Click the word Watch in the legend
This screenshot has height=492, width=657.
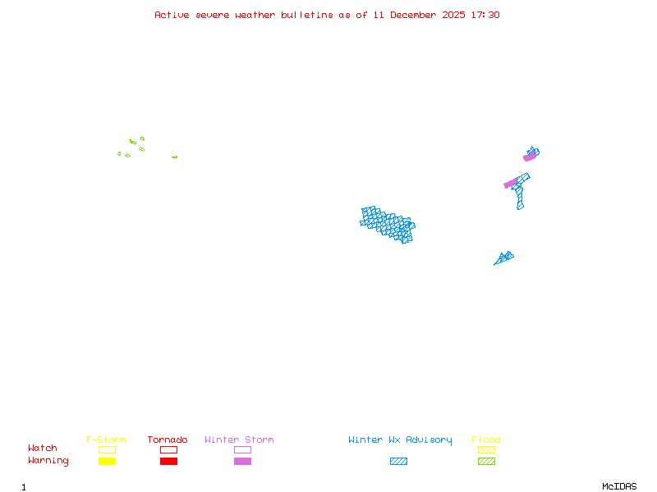click(x=43, y=449)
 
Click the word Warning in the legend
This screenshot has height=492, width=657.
click(x=48, y=461)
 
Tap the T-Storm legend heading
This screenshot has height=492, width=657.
click(x=106, y=440)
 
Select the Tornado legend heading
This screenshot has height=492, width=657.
click(x=168, y=440)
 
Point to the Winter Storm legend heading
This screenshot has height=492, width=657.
click(x=239, y=440)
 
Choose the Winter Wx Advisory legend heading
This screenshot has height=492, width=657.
click(x=400, y=440)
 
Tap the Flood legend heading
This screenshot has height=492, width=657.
click(x=486, y=440)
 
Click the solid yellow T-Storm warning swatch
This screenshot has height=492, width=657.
click(x=107, y=462)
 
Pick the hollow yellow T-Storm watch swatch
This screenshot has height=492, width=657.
click(x=107, y=449)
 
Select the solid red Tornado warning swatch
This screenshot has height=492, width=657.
click(x=168, y=462)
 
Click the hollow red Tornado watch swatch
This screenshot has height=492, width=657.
click(x=168, y=449)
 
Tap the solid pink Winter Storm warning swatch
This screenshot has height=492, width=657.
click(x=242, y=462)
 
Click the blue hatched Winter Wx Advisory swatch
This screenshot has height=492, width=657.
click(x=398, y=462)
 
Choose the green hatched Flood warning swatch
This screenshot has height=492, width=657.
click(x=486, y=462)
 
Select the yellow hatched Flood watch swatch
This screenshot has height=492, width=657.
click(x=486, y=449)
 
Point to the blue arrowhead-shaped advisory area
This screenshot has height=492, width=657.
click(x=504, y=258)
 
